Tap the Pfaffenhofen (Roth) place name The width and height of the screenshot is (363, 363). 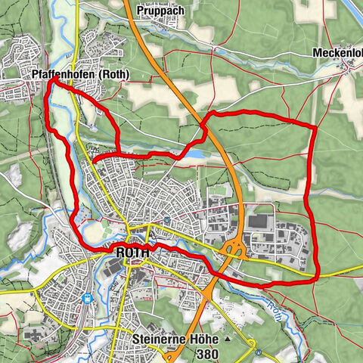click(82, 75)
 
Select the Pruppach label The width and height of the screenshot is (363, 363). click(160, 11)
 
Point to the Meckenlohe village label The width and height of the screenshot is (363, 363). click(337, 54)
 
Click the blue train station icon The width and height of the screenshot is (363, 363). click(88, 298)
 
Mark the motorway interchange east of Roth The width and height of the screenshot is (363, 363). click(236, 249)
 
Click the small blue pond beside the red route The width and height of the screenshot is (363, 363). click(195, 154)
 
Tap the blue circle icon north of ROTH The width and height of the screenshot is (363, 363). click(166, 220)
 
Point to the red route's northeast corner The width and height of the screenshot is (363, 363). click(313, 127)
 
